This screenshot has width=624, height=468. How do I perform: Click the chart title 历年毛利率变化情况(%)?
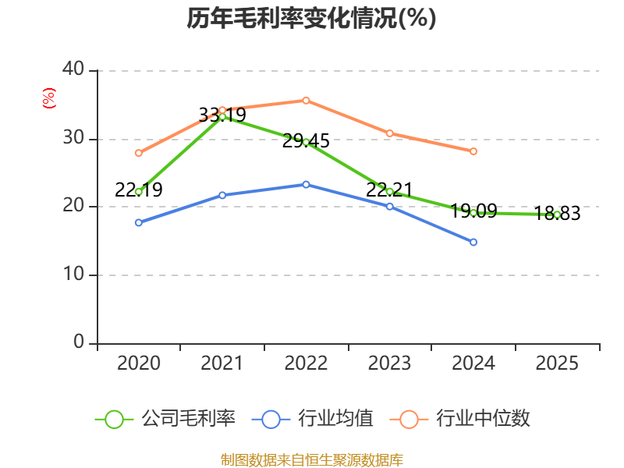tap(311, 19)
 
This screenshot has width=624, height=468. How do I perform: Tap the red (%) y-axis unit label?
tap(49, 98)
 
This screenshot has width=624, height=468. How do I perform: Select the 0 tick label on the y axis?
tap(79, 342)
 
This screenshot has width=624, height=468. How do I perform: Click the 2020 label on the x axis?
tap(138, 363)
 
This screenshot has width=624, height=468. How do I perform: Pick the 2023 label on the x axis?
tap(389, 363)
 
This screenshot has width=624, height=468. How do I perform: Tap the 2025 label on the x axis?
tap(557, 363)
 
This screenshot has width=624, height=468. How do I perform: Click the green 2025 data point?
tap(557, 214)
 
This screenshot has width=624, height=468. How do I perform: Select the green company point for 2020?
tap(139, 191)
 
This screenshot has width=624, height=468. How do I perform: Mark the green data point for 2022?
tap(306, 142)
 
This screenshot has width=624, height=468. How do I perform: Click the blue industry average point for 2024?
tap(473, 243)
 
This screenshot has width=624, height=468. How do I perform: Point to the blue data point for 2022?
tap(306, 184)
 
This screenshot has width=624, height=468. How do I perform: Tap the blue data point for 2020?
tap(139, 222)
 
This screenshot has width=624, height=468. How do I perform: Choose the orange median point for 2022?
tap(306, 100)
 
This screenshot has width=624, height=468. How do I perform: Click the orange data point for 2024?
tap(473, 151)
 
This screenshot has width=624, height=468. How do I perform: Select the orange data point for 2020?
tap(139, 153)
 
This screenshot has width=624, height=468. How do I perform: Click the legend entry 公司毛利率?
tap(165, 419)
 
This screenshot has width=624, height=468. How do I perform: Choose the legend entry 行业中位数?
tap(465, 419)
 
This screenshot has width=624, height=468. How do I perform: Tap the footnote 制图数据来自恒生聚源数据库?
tap(311, 459)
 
